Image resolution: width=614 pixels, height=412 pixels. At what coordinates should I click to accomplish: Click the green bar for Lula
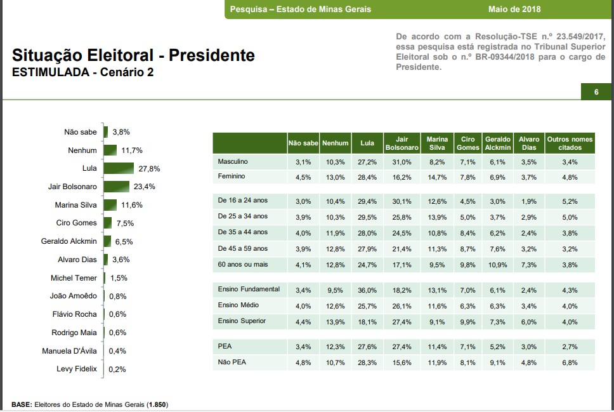click(x=119, y=168)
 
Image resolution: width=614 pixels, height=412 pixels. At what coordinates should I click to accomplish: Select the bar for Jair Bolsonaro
click(x=116, y=187)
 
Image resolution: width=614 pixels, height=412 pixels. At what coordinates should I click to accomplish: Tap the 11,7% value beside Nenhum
click(x=132, y=150)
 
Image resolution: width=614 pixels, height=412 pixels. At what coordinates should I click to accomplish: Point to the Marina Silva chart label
click(x=75, y=205)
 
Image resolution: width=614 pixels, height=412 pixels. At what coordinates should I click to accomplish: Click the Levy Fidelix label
click(x=76, y=369)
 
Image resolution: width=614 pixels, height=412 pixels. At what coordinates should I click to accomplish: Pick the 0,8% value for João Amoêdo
click(x=118, y=296)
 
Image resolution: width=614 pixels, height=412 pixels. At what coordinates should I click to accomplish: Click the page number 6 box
click(x=596, y=93)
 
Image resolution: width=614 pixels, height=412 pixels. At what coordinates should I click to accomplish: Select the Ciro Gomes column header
click(x=467, y=143)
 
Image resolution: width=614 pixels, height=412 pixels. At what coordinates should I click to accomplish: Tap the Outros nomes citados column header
click(x=569, y=143)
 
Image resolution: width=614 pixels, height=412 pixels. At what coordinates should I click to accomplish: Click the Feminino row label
click(x=231, y=176)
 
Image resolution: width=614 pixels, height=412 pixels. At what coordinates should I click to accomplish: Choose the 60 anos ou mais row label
click(x=242, y=264)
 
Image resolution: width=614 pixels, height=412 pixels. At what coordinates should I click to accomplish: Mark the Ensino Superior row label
click(x=242, y=321)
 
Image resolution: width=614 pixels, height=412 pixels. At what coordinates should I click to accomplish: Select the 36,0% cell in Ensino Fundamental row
click(x=367, y=291)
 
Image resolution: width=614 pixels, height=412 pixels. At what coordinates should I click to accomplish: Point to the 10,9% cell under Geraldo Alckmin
click(x=498, y=265)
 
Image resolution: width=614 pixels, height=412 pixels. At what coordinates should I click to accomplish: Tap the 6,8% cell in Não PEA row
click(x=570, y=363)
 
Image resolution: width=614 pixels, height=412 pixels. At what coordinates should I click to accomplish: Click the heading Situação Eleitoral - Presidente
click(x=133, y=55)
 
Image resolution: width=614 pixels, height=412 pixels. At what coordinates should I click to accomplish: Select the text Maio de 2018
click(x=514, y=10)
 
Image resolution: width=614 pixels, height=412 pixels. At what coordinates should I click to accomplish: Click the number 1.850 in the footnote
click(x=157, y=404)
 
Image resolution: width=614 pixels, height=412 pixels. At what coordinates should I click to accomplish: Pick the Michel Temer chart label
click(x=74, y=278)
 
